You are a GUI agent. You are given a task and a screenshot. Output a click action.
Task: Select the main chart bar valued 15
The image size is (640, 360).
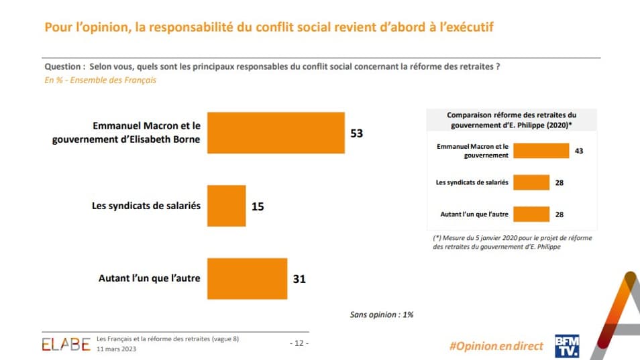click(x=227, y=206)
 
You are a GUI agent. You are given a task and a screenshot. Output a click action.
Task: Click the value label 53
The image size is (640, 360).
click(x=356, y=133)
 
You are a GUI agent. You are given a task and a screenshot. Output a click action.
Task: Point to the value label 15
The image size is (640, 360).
click(x=258, y=206)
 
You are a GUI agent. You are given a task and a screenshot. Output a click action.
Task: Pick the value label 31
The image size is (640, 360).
click(x=299, y=278)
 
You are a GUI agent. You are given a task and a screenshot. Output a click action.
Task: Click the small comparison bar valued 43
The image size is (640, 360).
click(x=541, y=151)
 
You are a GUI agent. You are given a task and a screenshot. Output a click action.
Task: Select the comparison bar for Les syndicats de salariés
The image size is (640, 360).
click(x=531, y=182)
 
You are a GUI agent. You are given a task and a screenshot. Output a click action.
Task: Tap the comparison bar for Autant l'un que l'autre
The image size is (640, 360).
click(x=531, y=214)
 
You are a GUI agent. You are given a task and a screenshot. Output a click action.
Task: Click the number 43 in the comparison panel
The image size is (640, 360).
click(x=579, y=152)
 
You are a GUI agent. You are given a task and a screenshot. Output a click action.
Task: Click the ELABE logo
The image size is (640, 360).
click(x=66, y=344)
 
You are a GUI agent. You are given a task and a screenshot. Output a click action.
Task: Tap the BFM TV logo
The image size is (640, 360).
click(x=566, y=345)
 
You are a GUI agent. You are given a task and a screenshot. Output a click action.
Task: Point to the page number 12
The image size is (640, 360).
click(x=299, y=343)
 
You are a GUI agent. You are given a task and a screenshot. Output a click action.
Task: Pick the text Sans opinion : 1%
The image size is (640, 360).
click(x=381, y=314)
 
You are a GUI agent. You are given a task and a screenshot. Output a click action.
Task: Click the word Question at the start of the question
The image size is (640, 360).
click(x=64, y=67)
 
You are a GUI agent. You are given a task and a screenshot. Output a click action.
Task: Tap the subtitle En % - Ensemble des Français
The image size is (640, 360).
click(x=100, y=80)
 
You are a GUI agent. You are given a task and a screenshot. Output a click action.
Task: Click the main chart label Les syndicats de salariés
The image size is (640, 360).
click(x=146, y=206)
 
